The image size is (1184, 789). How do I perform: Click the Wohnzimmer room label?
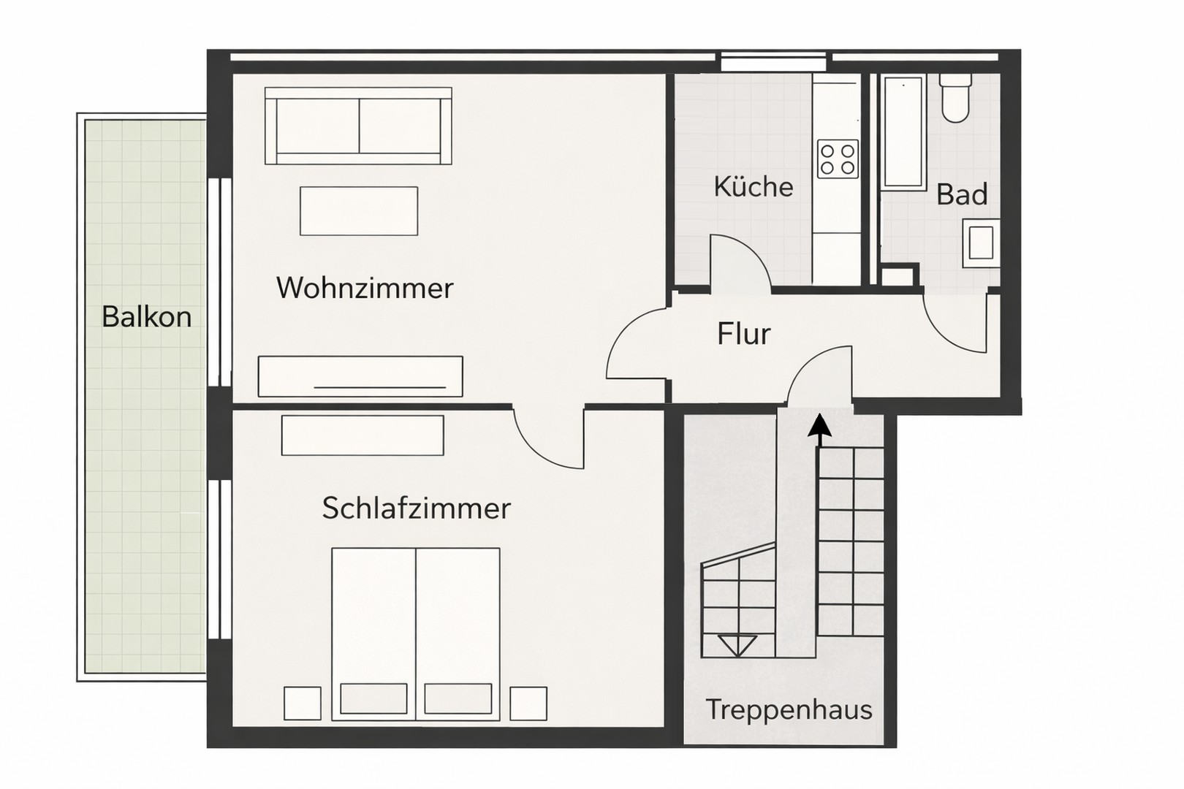365,288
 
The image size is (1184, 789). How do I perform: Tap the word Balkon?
146,317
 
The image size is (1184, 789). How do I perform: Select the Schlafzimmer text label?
416,508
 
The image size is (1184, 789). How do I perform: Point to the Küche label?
753,186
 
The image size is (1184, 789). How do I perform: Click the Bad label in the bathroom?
961,195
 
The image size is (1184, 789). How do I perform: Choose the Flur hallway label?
743,334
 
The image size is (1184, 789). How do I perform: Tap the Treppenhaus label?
789,709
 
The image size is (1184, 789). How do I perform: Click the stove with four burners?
838,159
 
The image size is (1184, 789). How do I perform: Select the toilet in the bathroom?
955,98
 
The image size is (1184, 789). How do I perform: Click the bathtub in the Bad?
903,131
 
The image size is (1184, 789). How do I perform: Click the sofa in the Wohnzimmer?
358,126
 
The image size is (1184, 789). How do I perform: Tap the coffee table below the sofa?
358,210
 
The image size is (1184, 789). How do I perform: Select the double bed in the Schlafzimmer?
415,632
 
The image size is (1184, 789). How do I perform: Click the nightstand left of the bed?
302,704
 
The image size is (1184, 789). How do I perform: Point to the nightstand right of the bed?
528,704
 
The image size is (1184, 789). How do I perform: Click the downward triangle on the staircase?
737,645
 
